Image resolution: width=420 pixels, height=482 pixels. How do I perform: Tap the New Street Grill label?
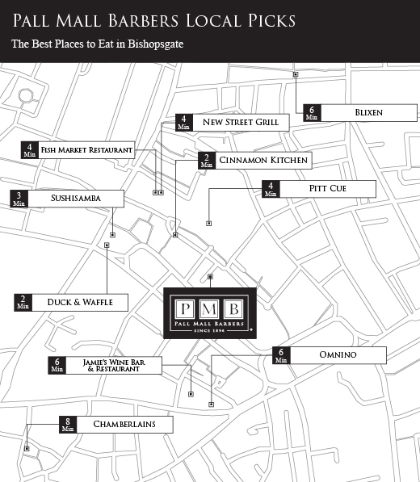click(x=240, y=122)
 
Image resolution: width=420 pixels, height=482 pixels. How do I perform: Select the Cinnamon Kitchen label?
click(x=262, y=161)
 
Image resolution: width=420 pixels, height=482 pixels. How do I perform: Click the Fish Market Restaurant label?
click(x=86, y=150)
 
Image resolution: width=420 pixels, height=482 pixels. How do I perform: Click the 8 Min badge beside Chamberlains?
click(x=68, y=424)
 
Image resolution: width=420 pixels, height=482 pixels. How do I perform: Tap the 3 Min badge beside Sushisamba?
click(x=19, y=198)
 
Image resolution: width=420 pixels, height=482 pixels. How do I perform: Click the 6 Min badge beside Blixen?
click(x=312, y=113)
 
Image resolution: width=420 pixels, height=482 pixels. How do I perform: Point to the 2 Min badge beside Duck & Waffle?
click(x=22, y=303)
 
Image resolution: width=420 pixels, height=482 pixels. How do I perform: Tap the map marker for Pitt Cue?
click(x=208, y=223)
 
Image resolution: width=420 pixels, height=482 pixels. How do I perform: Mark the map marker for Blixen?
click(x=295, y=74)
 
